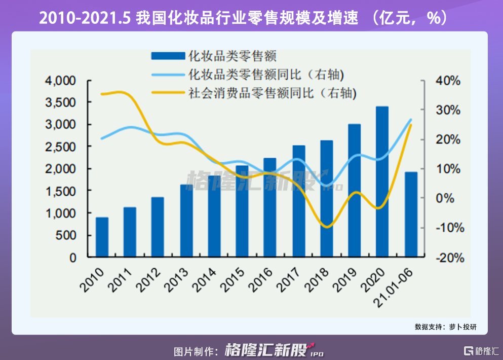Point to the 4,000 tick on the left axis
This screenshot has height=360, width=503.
62,81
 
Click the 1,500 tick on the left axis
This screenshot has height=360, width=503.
62,191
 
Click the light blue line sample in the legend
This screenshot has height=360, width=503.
167,75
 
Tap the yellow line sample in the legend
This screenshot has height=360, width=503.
167,93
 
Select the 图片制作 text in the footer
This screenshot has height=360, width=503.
195,350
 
